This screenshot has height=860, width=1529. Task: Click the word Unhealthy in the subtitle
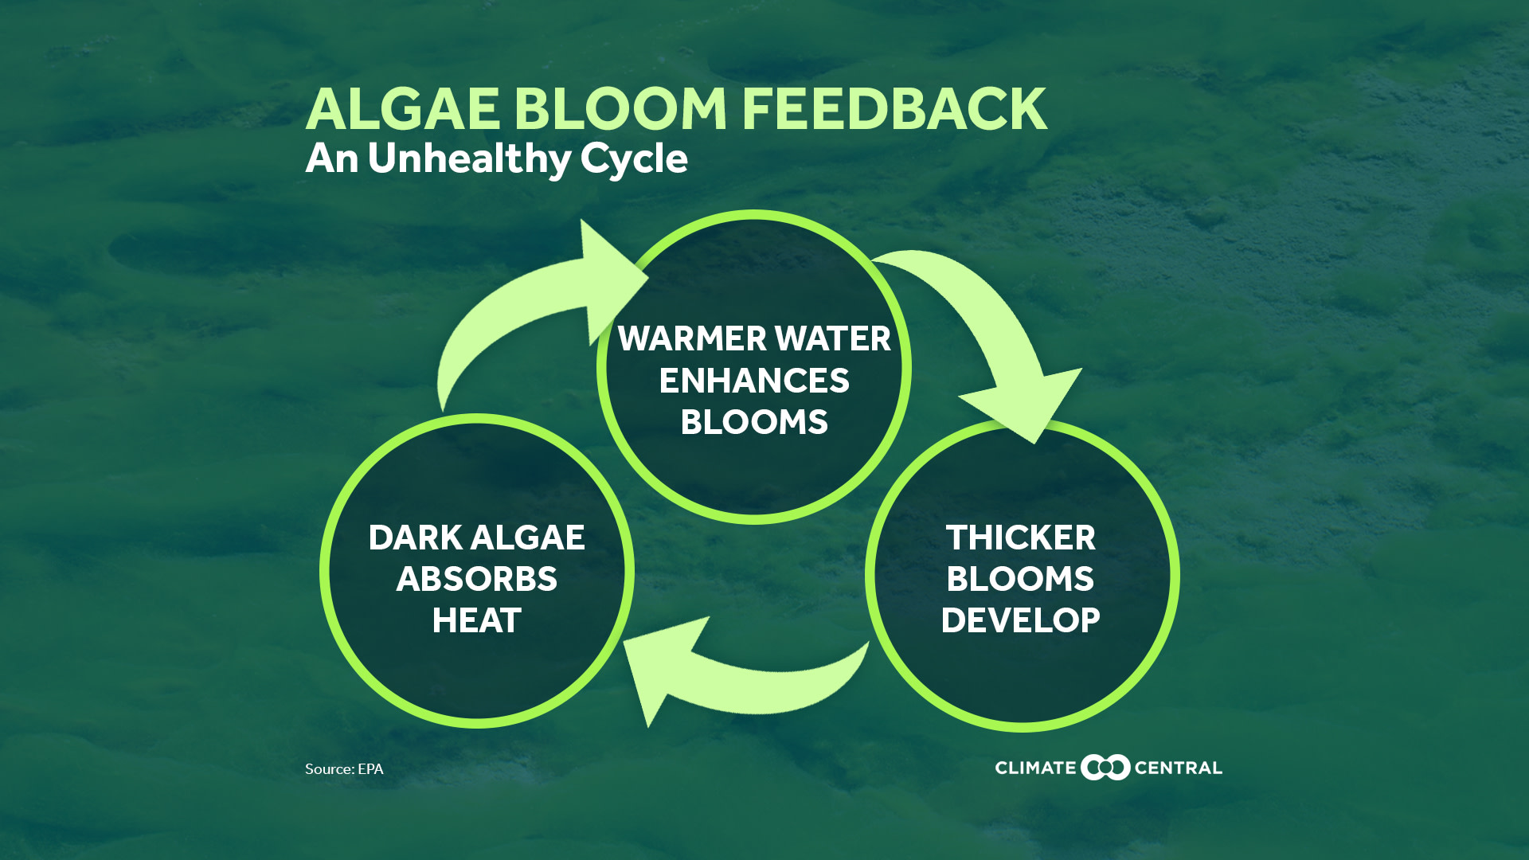[x=469, y=158]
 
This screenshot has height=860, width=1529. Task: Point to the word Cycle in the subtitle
[x=633, y=158]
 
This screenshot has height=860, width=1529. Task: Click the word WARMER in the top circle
[x=691, y=338]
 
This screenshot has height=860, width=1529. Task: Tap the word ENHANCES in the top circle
[x=754, y=381]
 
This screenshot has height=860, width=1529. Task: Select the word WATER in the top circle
[x=833, y=338]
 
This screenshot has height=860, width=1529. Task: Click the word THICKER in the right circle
[x=1020, y=537]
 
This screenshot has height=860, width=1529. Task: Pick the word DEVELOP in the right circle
[x=1020, y=620]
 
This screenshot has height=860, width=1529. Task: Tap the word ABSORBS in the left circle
[x=476, y=579]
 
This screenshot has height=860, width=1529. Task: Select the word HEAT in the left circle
[x=476, y=620]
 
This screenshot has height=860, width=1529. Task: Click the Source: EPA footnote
[x=344, y=768]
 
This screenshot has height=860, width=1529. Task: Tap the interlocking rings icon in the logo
[x=1105, y=767]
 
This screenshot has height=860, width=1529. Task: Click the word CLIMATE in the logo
[x=1035, y=768]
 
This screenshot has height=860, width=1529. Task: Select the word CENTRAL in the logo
[x=1178, y=768]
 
